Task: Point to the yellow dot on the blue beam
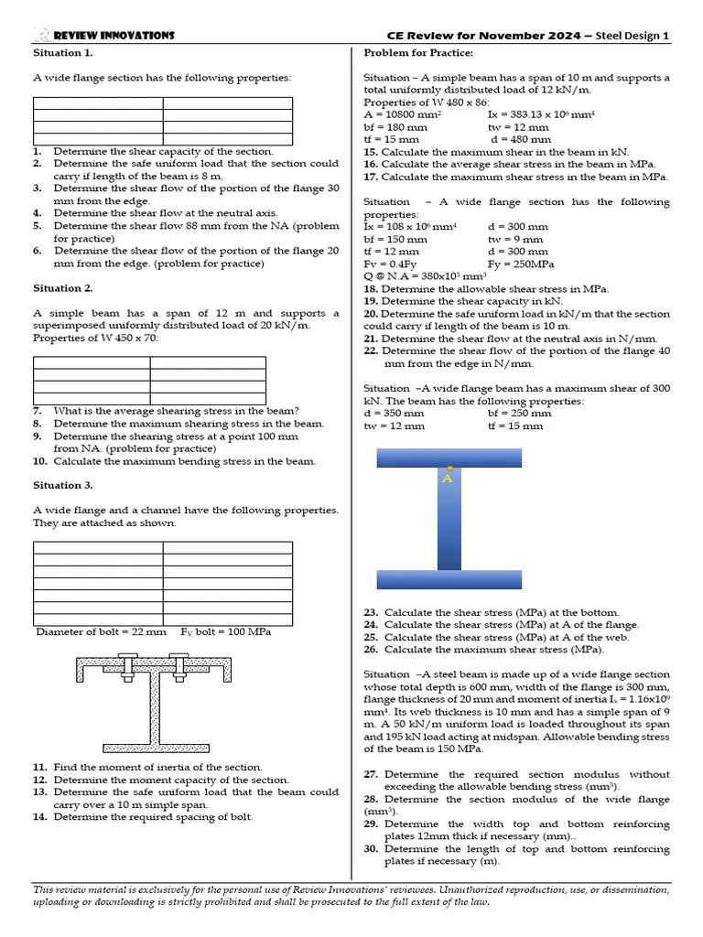tap(449, 468)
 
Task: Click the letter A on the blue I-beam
tap(448, 479)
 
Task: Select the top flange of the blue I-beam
tap(449, 458)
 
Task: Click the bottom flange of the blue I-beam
tap(449, 579)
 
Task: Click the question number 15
tap(370, 152)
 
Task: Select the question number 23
tap(371, 612)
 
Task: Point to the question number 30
tap(371, 849)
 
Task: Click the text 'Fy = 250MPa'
tap(520, 264)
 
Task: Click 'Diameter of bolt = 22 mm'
tap(101, 631)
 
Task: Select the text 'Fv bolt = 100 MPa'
tap(225, 631)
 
